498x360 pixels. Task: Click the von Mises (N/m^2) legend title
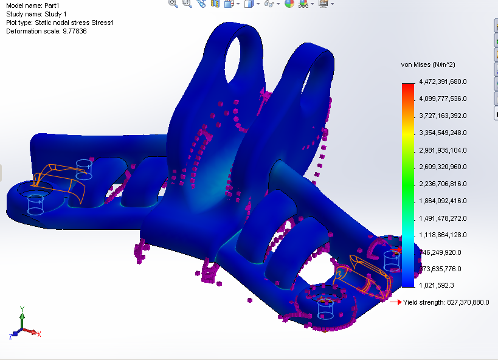pyautogui.click(x=428, y=64)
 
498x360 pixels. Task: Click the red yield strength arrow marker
pyautogui.click(x=395, y=302)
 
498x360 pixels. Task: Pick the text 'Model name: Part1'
pyautogui.click(x=32, y=5)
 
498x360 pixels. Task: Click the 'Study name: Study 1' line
pyautogui.click(x=35, y=14)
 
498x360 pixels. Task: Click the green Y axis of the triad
pyautogui.click(x=22, y=320)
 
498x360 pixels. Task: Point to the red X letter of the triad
pyautogui.click(x=39, y=334)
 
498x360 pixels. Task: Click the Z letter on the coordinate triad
pyautogui.click(x=11, y=336)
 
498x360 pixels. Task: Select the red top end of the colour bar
pyautogui.click(x=407, y=86)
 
